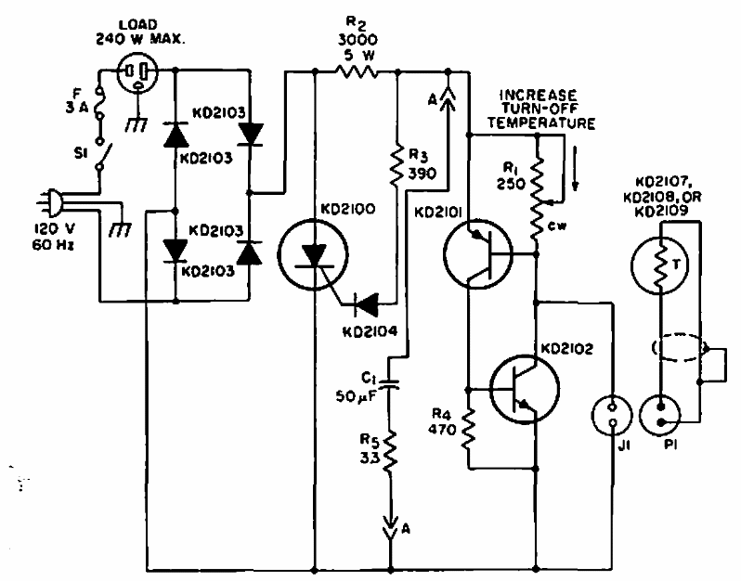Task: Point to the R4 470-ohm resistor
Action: click(x=469, y=426)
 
